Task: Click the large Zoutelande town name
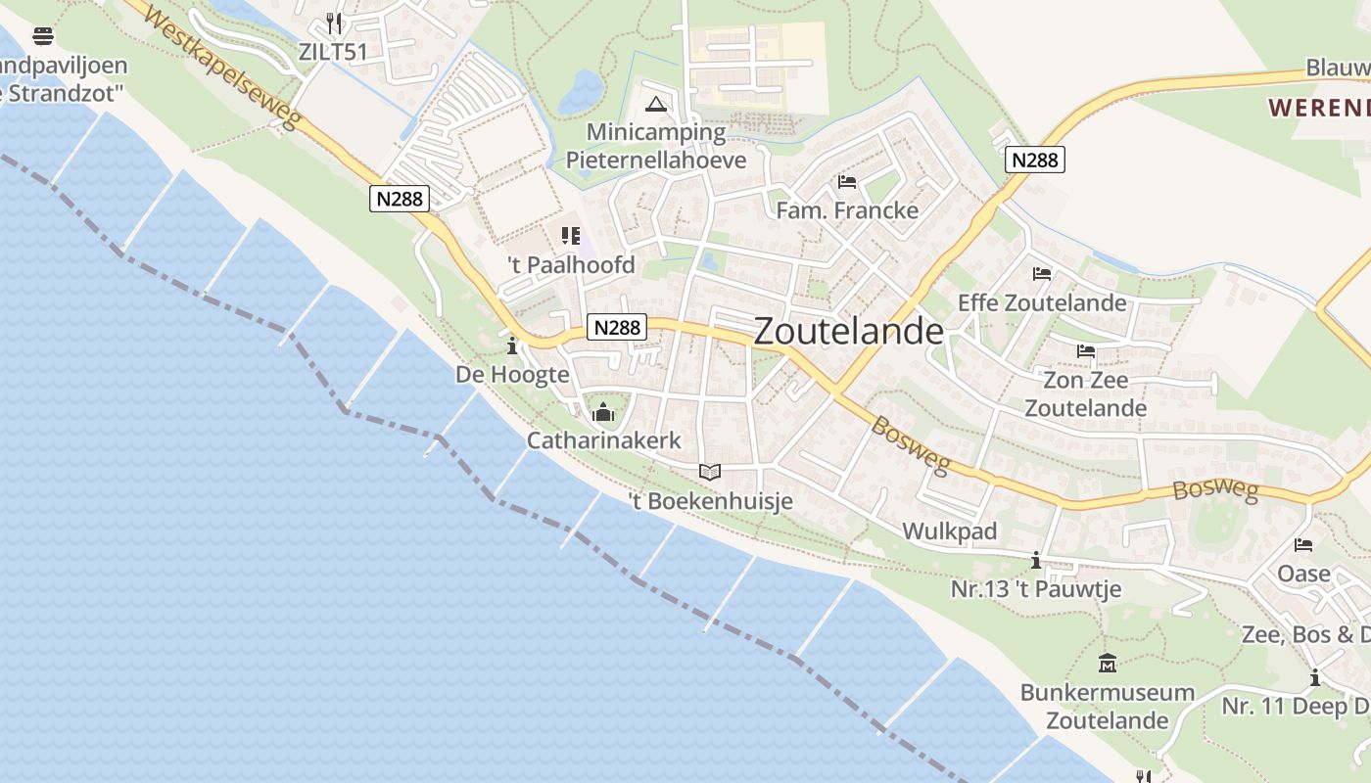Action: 849,332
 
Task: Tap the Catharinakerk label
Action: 603,440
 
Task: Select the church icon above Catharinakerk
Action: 603,412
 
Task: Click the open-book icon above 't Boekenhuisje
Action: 710,473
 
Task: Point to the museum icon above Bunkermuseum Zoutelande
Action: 1108,664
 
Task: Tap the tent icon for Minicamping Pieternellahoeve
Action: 656,105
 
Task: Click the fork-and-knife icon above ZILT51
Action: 335,23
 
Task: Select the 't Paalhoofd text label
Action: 571,265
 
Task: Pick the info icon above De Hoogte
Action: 511,345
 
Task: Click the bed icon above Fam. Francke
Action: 847,182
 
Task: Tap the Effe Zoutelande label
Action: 1042,302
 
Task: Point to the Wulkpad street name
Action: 949,531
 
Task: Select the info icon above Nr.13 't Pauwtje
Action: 1036,561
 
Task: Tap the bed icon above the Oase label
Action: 1303,545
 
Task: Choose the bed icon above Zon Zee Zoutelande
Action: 1085,351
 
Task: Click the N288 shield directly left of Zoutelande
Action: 617,327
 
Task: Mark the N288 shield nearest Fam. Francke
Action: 1034,160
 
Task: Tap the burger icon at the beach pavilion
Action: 43,37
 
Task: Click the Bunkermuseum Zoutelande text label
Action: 1108,707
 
